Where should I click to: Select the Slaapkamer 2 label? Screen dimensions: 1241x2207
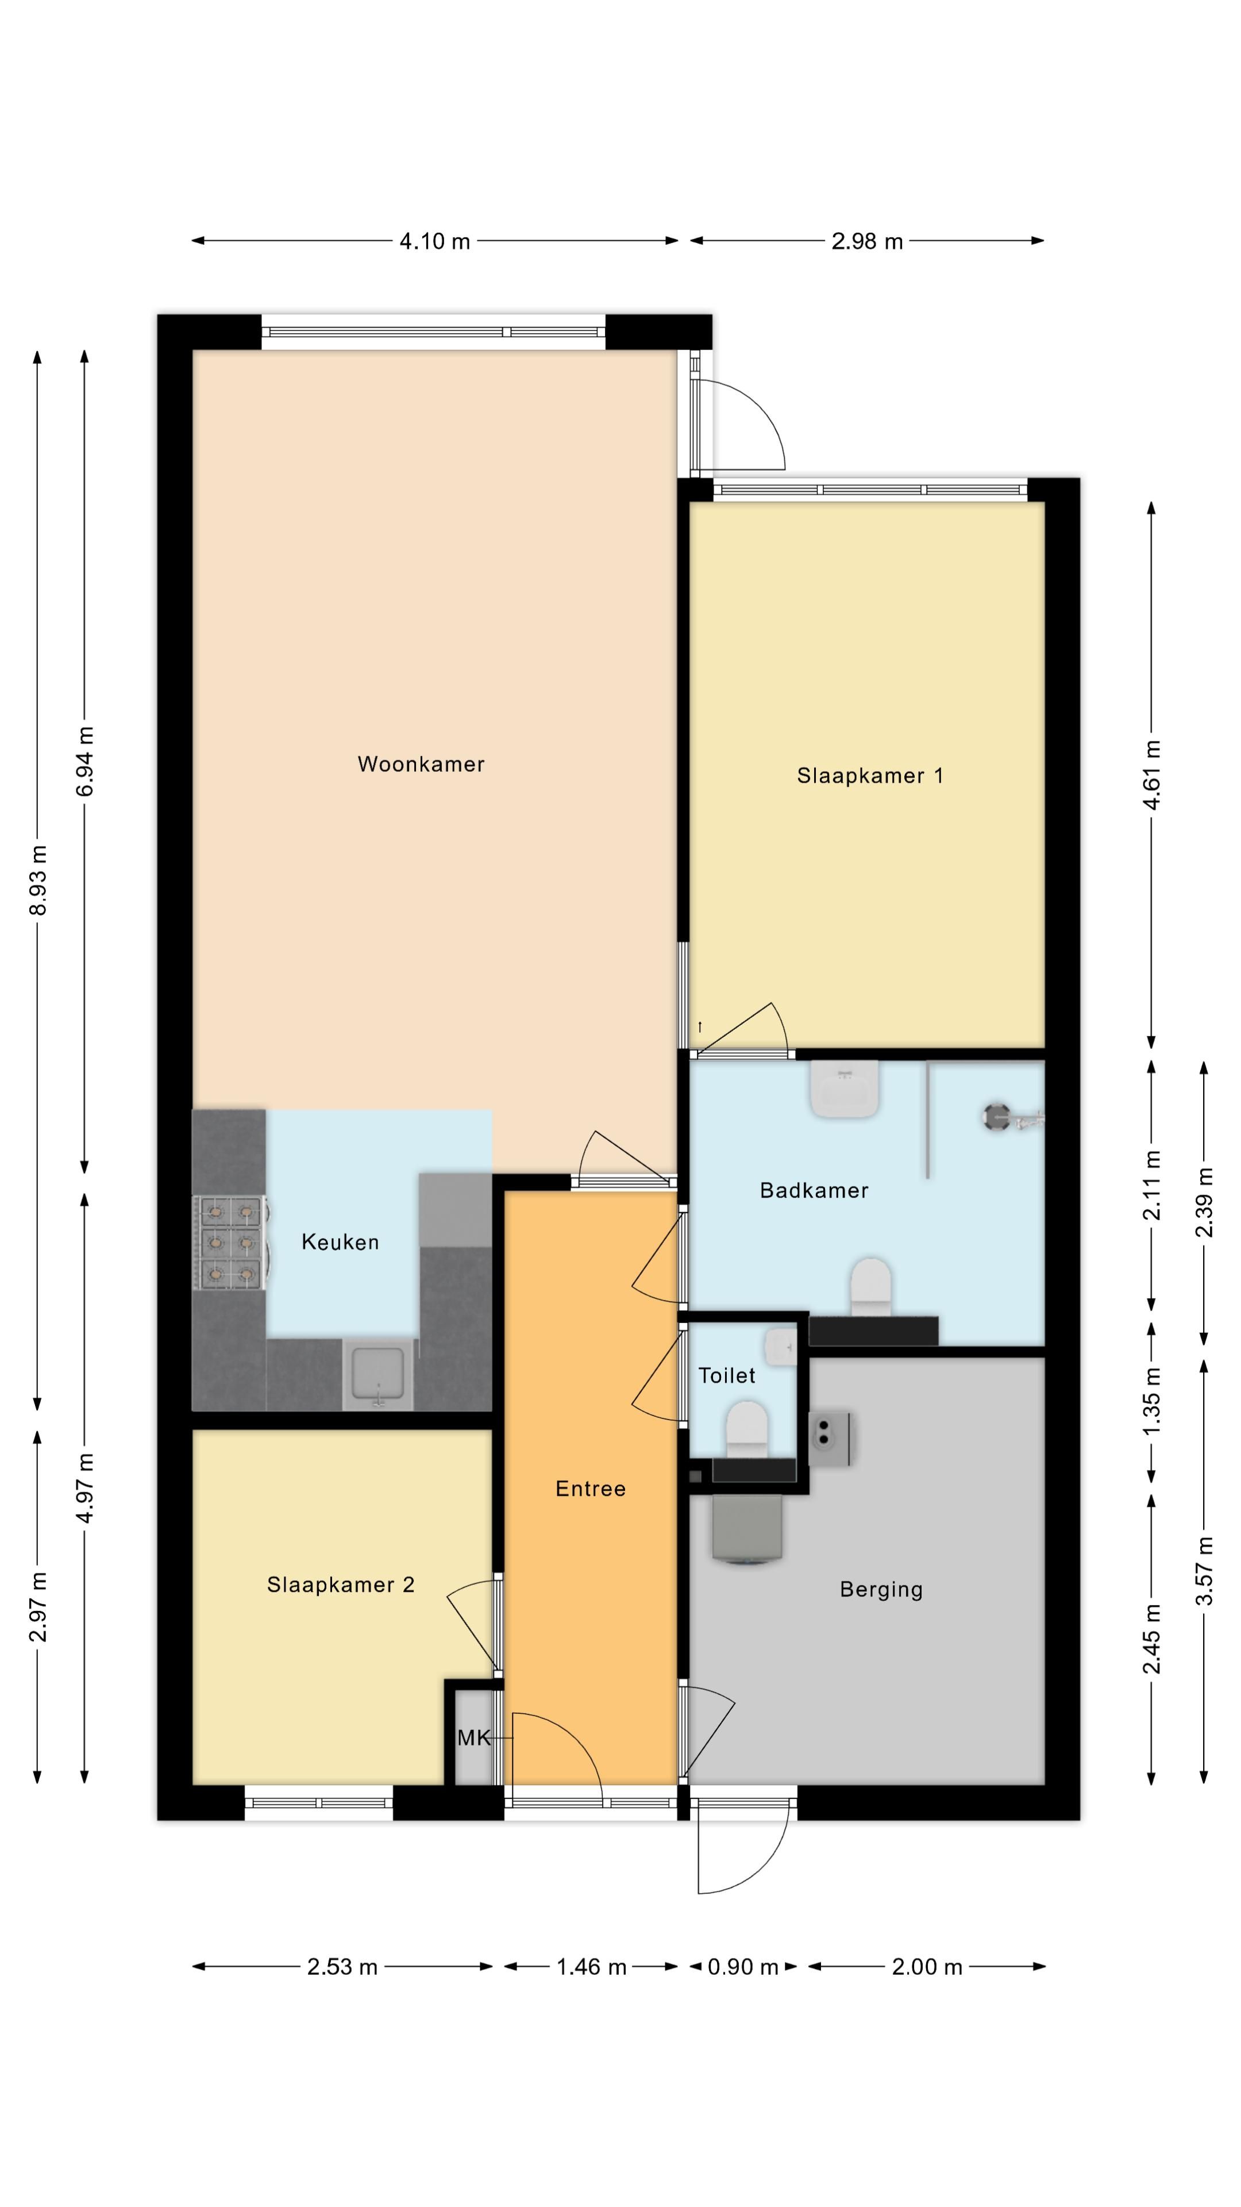pyautogui.click(x=340, y=1585)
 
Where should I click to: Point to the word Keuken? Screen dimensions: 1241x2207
pyautogui.click(x=340, y=1242)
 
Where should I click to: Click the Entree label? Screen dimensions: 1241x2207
pyautogui.click(x=590, y=1489)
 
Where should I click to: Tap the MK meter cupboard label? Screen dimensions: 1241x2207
pyautogui.click(x=473, y=1737)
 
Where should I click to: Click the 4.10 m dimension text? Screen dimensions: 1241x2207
pyautogui.click(x=434, y=241)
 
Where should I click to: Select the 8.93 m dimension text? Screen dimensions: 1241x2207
pyautogui.click(x=38, y=880)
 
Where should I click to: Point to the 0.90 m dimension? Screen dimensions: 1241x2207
pyautogui.click(x=742, y=1967)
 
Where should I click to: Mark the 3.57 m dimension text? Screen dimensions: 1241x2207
pyautogui.click(x=1204, y=1571)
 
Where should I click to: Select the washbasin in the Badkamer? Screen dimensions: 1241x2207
pyautogui.click(x=845, y=1089)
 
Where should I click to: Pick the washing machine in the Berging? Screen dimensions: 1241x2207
pyautogui.click(x=747, y=1531)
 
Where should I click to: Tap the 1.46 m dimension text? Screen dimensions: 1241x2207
pyautogui.click(x=591, y=1967)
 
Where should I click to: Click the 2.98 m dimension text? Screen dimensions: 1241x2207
pyautogui.click(x=867, y=241)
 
